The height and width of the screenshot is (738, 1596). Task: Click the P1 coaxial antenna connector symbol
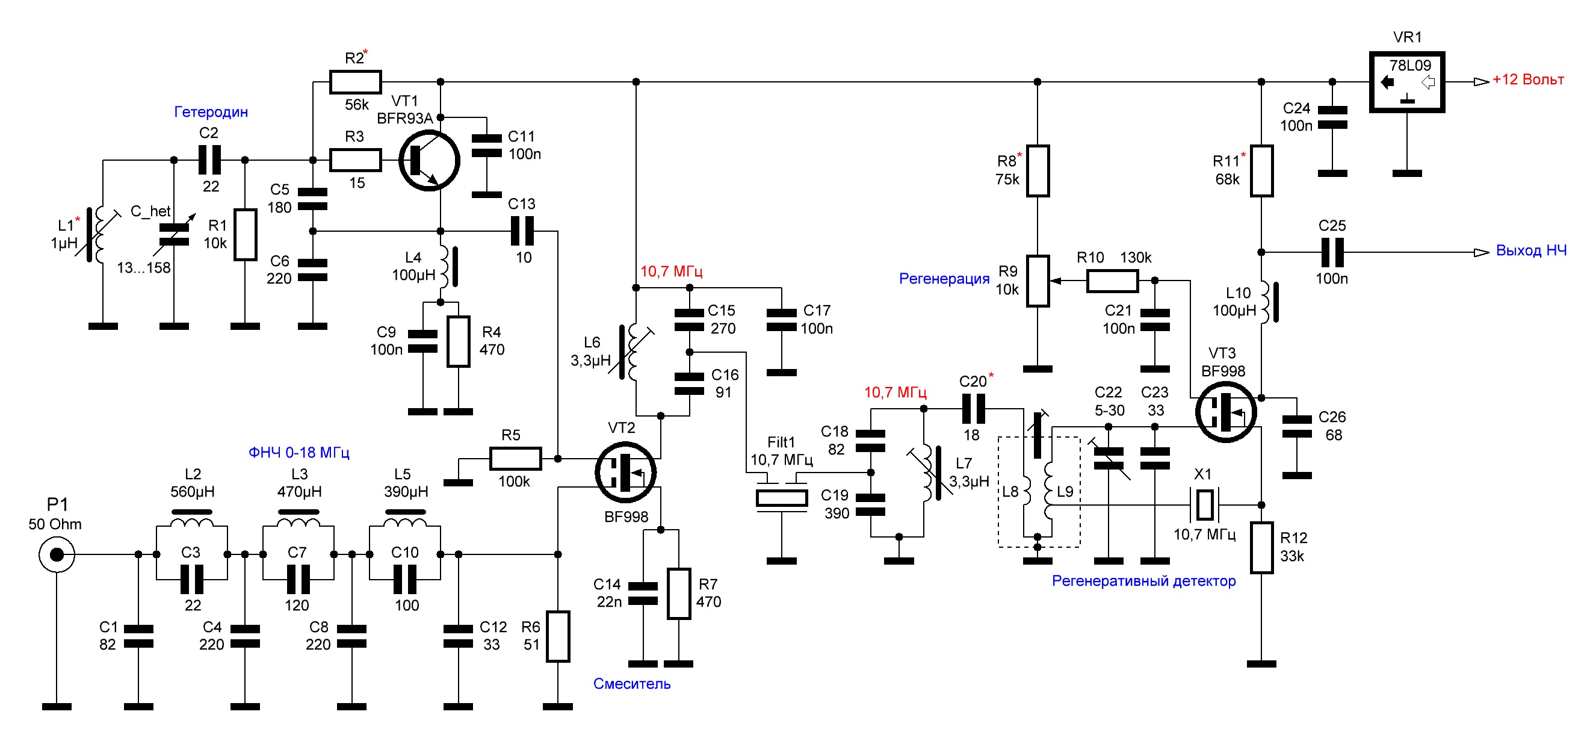(57, 554)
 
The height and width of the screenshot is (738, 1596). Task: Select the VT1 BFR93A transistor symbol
(428, 160)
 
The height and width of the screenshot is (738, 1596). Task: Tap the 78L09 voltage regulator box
(1406, 82)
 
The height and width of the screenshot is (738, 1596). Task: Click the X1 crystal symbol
(1204, 504)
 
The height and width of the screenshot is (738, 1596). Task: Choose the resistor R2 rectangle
(355, 82)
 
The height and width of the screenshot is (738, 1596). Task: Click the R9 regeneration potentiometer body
(1037, 281)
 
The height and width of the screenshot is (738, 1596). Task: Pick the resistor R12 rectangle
(1261, 548)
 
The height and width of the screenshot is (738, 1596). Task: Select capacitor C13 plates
(522, 232)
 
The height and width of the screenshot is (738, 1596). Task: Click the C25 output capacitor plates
(1332, 252)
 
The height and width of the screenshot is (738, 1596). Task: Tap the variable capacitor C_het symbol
(174, 234)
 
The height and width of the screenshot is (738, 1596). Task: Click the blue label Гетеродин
(211, 112)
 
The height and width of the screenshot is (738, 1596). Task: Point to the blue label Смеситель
(632, 683)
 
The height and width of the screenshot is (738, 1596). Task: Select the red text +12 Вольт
(1528, 79)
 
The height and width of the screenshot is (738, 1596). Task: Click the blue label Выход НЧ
(1531, 250)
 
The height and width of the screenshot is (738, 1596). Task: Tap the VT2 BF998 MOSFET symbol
(626, 472)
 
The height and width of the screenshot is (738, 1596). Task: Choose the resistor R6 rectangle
(558, 636)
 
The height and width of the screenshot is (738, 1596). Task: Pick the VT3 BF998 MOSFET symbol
(1226, 412)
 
